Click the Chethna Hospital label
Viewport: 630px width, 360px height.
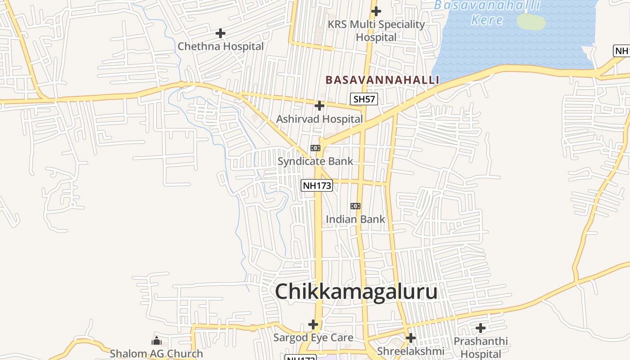click(220, 46)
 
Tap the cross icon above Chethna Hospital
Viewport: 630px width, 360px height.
click(220, 33)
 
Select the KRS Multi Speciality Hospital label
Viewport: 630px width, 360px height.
click(376, 31)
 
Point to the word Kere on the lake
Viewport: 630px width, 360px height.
click(487, 20)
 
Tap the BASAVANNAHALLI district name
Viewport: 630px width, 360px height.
click(382, 80)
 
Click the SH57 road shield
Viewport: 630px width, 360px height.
click(364, 99)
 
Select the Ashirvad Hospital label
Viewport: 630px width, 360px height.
click(319, 119)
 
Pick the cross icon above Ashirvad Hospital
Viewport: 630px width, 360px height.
click(319, 106)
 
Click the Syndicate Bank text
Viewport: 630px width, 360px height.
click(315, 161)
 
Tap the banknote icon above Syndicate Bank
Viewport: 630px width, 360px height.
click(315, 148)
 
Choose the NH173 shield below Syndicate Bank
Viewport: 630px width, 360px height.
click(317, 185)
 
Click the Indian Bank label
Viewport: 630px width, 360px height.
click(355, 219)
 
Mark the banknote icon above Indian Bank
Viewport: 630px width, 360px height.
click(355, 206)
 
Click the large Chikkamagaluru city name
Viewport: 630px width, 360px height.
click(356, 291)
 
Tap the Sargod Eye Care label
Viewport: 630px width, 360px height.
click(313, 337)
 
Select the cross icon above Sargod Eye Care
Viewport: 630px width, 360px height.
click(313, 324)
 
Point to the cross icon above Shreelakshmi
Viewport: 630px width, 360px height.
click(410, 338)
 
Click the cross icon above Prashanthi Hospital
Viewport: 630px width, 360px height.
click(481, 328)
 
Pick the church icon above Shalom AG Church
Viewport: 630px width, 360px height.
click(157, 341)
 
